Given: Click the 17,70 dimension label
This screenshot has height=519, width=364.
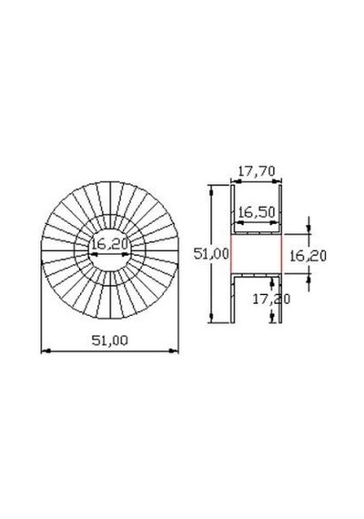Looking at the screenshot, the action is tap(257, 171).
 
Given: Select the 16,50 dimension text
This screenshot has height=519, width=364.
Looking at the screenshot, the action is tap(257, 212).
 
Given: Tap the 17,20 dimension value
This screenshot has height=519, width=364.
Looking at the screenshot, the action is tap(271, 299).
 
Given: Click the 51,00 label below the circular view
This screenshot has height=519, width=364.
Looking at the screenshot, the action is tap(109, 341).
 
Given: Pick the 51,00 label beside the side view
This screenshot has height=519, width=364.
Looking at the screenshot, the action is tap(211, 254).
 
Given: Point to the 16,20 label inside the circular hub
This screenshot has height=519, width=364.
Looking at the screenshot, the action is tap(109, 245).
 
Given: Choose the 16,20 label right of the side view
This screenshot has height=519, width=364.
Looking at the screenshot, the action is tap(308, 256).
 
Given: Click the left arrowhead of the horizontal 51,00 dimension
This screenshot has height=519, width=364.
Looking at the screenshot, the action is tap(45, 351).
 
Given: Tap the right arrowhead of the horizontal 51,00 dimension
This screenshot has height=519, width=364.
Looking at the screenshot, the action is tap(174, 351).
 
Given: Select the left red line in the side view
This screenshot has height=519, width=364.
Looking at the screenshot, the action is tap(231, 254).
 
